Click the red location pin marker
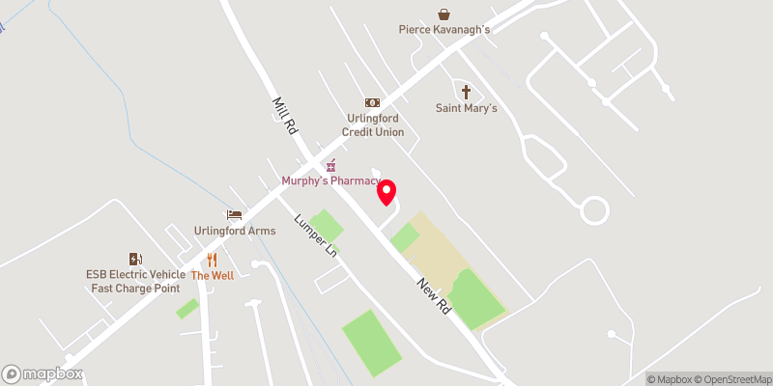tap(386, 192)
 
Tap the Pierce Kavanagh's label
tap(444, 30)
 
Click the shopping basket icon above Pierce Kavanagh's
tap(444, 14)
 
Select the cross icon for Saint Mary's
tap(466, 92)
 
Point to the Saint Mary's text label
tap(466, 108)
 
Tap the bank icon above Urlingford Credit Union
tap(372, 102)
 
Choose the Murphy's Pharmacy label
tap(329, 181)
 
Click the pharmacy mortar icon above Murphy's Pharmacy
tap(329, 165)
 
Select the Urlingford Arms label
tap(235, 231)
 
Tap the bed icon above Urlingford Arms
tap(234, 214)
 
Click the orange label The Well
tap(212, 276)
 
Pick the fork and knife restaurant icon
tap(212, 259)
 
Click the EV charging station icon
tap(135, 258)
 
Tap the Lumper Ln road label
tap(316, 234)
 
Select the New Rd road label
tap(435, 296)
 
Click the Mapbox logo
tap(43, 374)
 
